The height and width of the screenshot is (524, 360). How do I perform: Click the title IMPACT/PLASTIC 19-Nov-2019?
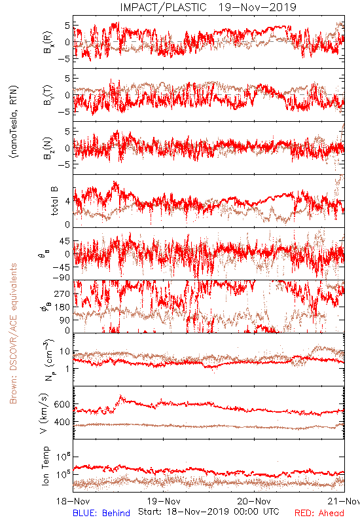click(208, 7)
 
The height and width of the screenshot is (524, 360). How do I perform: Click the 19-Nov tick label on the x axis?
click(164, 501)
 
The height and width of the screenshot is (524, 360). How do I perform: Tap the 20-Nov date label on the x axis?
click(254, 501)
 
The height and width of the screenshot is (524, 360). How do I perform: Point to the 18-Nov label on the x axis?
click(73, 501)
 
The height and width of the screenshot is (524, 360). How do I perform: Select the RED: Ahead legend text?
click(319, 513)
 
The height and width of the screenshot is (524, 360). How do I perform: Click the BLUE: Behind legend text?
click(101, 513)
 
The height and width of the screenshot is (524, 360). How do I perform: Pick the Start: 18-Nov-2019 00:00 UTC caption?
click(208, 512)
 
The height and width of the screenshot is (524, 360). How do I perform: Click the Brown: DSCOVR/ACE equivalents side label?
click(13, 333)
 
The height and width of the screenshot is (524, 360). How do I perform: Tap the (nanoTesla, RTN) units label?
click(14, 121)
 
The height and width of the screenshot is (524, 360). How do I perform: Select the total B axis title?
click(54, 200)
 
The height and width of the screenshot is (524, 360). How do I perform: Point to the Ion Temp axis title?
click(45, 466)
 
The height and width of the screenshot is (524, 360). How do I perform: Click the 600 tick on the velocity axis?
click(62, 404)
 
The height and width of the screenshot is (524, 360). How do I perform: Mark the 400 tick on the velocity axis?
click(62, 422)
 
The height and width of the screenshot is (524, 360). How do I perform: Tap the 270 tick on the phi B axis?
click(62, 294)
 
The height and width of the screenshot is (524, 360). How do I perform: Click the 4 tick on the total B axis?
click(68, 202)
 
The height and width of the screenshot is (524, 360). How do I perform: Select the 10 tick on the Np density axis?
click(65, 352)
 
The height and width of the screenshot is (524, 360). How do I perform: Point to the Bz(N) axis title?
click(47, 148)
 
